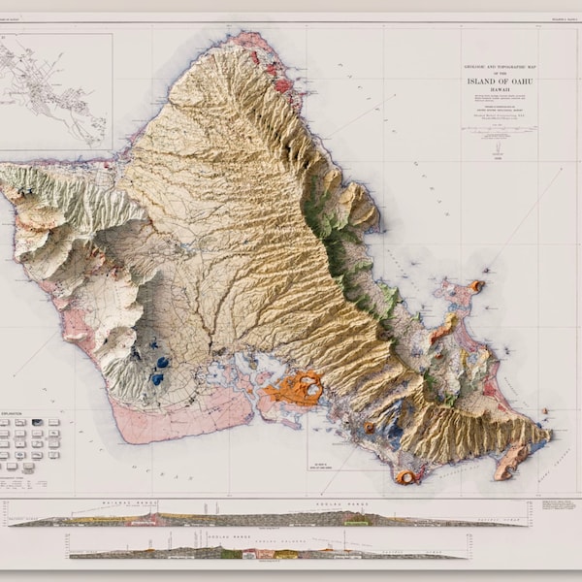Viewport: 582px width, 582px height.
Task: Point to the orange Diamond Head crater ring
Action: [406, 475]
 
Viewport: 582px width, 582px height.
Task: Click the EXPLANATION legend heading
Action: [19, 413]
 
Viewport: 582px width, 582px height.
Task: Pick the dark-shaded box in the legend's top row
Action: [37, 423]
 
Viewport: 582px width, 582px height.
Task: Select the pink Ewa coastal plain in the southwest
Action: [145, 417]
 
